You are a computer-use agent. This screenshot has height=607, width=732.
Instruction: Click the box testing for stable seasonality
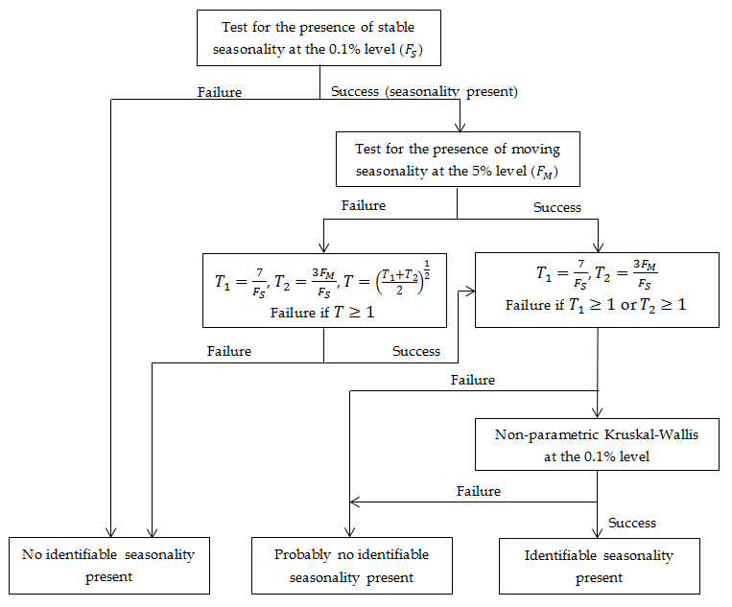(x=319, y=37)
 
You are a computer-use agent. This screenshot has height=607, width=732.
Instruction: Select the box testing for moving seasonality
(x=457, y=160)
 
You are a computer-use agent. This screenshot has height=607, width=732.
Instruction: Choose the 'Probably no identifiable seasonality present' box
(x=351, y=566)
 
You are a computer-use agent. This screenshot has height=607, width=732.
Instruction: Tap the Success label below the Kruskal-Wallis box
(x=632, y=523)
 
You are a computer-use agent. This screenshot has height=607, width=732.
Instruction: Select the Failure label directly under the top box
(x=220, y=92)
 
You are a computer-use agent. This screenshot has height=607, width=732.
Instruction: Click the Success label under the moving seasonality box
(x=557, y=206)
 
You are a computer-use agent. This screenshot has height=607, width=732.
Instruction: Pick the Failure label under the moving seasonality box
(x=364, y=205)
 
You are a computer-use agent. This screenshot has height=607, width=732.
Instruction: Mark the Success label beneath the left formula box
(x=416, y=351)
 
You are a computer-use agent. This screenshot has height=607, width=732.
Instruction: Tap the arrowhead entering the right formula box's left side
(x=470, y=290)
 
